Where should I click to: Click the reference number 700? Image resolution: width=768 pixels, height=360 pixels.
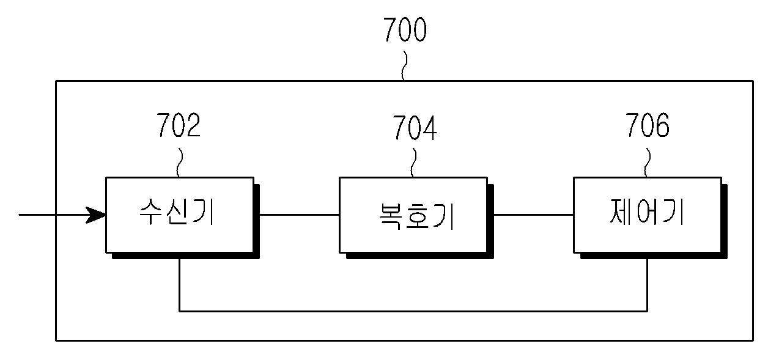click(405, 29)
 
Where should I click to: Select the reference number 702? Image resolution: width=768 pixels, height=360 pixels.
click(179, 125)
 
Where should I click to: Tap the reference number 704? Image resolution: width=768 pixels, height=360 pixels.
click(415, 128)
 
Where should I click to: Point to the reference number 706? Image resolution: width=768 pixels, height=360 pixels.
click(648, 125)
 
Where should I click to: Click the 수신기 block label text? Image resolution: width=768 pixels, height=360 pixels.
click(177, 212)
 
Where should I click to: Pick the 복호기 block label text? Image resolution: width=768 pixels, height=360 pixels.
click(417, 216)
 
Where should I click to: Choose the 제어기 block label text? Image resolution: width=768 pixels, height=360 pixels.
click(648, 212)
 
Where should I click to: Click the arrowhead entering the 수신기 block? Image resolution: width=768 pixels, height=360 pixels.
click(96, 215)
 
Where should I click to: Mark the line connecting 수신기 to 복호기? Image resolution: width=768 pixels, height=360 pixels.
click(300, 215)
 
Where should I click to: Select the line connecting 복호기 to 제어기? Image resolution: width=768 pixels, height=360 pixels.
click(533, 215)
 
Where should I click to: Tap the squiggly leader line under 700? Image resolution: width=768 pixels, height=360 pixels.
click(405, 66)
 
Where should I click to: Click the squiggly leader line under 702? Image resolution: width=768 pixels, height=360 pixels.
click(179, 163)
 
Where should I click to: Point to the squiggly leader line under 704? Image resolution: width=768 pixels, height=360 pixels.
click(413, 163)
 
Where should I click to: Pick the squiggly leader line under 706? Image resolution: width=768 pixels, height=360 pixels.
click(648, 163)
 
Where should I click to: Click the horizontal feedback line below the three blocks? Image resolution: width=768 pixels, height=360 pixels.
click(413, 311)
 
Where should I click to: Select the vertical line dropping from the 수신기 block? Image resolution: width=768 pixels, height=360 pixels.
click(179, 285)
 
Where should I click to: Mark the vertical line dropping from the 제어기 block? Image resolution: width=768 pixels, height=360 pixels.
click(648, 285)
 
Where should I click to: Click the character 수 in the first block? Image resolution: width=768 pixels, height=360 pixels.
click(151, 212)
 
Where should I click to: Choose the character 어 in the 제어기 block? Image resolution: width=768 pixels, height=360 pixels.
click(648, 212)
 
